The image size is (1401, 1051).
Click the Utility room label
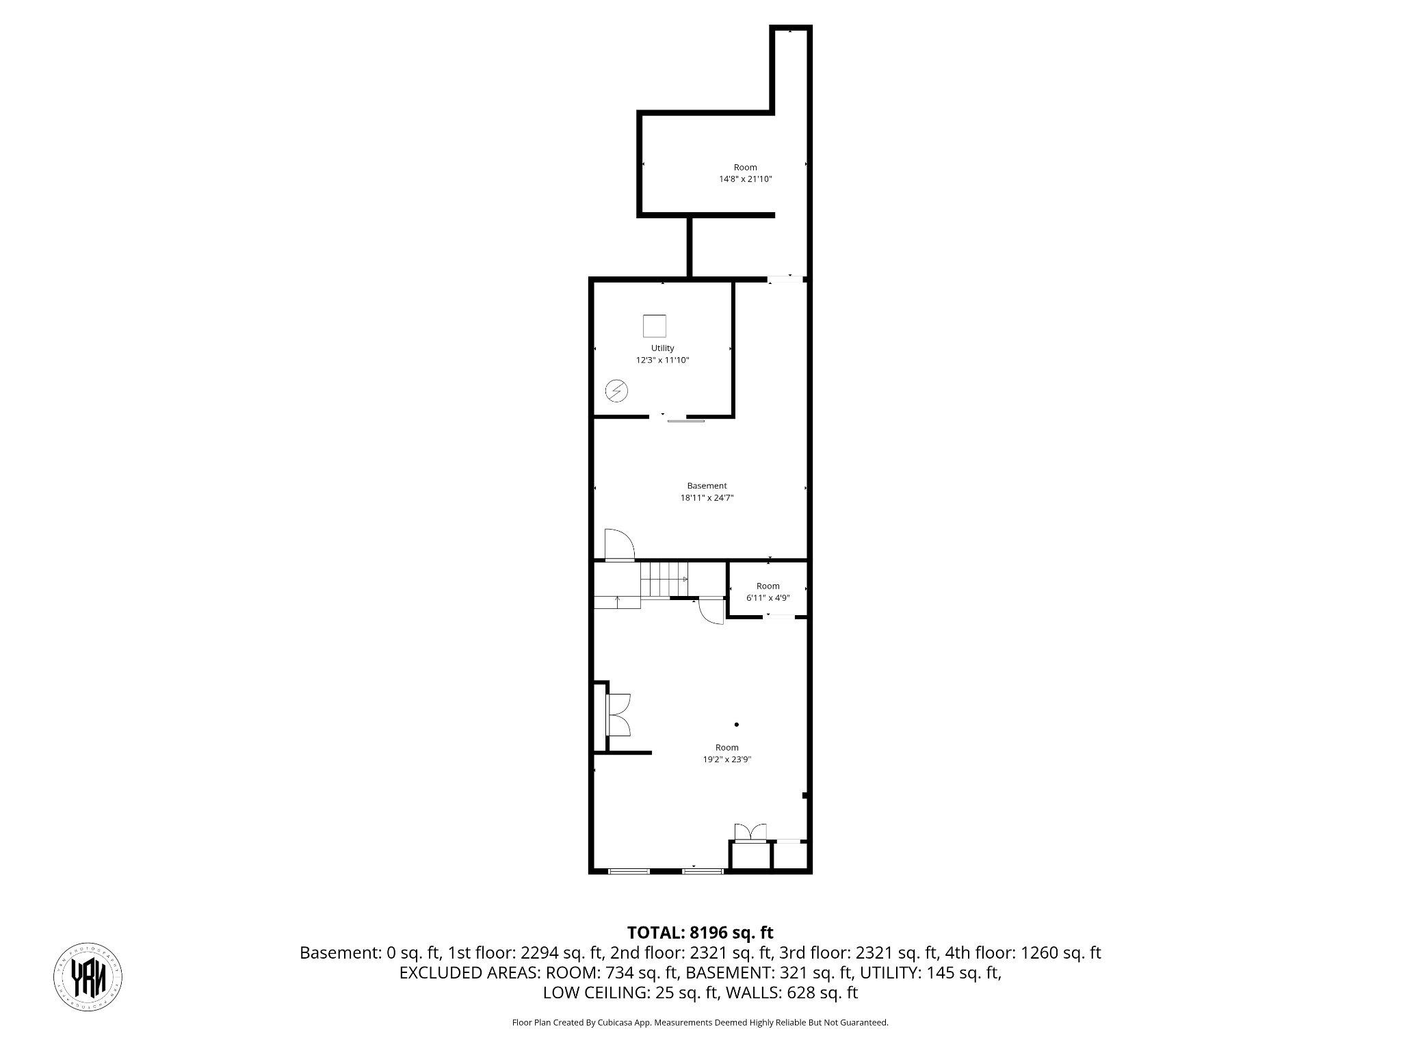(x=662, y=348)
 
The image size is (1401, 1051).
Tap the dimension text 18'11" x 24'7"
(x=707, y=498)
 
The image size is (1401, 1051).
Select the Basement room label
(x=707, y=486)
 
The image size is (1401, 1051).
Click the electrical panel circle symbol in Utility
(x=616, y=391)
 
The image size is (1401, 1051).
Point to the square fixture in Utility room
(x=655, y=326)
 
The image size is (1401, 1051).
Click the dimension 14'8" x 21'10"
(x=745, y=179)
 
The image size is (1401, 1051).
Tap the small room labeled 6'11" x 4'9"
(x=768, y=591)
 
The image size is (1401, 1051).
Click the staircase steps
(x=664, y=579)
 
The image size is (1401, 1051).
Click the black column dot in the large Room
(x=737, y=724)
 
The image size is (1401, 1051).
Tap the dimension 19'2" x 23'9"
(x=726, y=760)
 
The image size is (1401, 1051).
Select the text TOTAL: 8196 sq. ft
(x=700, y=933)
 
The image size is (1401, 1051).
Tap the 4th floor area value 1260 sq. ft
(x=1061, y=952)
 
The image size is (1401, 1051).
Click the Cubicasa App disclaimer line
(x=700, y=1023)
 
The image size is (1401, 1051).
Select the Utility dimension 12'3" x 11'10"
(x=662, y=360)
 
